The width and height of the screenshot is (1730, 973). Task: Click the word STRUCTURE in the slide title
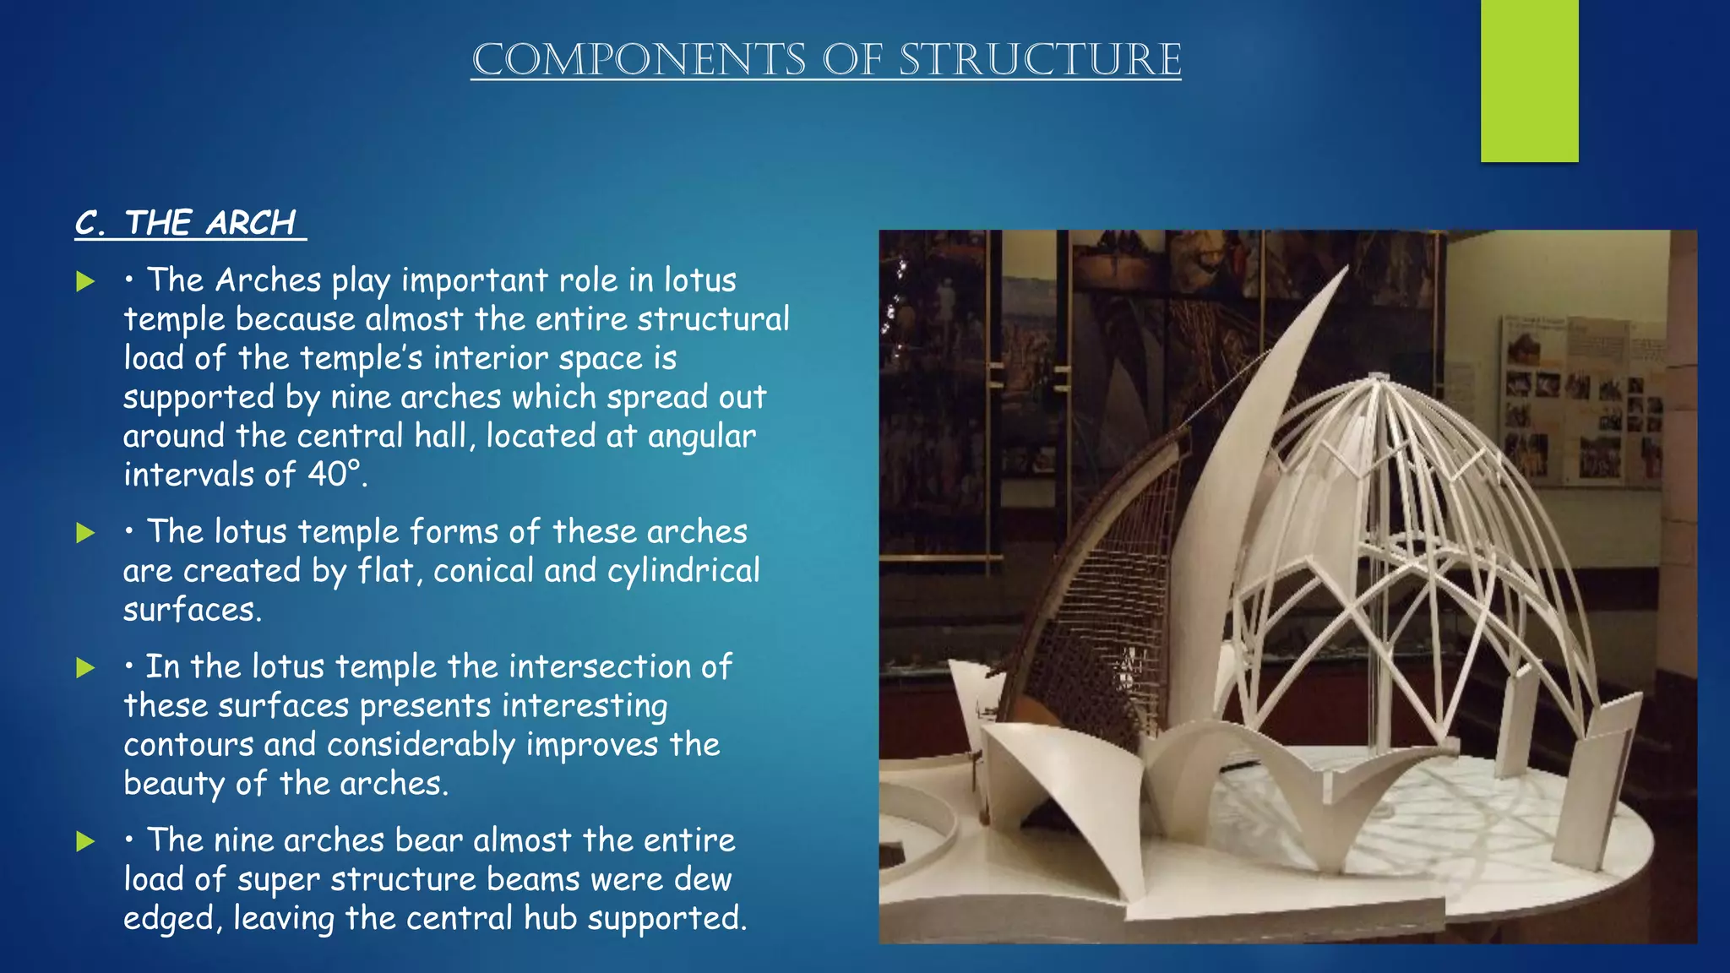coord(1040,60)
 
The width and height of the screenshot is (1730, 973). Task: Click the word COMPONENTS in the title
coord(639,60)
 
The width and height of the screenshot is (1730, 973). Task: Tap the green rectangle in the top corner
coord(1529,80)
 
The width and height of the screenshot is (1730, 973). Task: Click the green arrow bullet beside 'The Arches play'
coord(85,281)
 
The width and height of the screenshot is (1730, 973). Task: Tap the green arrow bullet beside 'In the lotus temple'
coord(85,668)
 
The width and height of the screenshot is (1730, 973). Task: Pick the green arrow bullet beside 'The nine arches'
coord(85,841)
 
